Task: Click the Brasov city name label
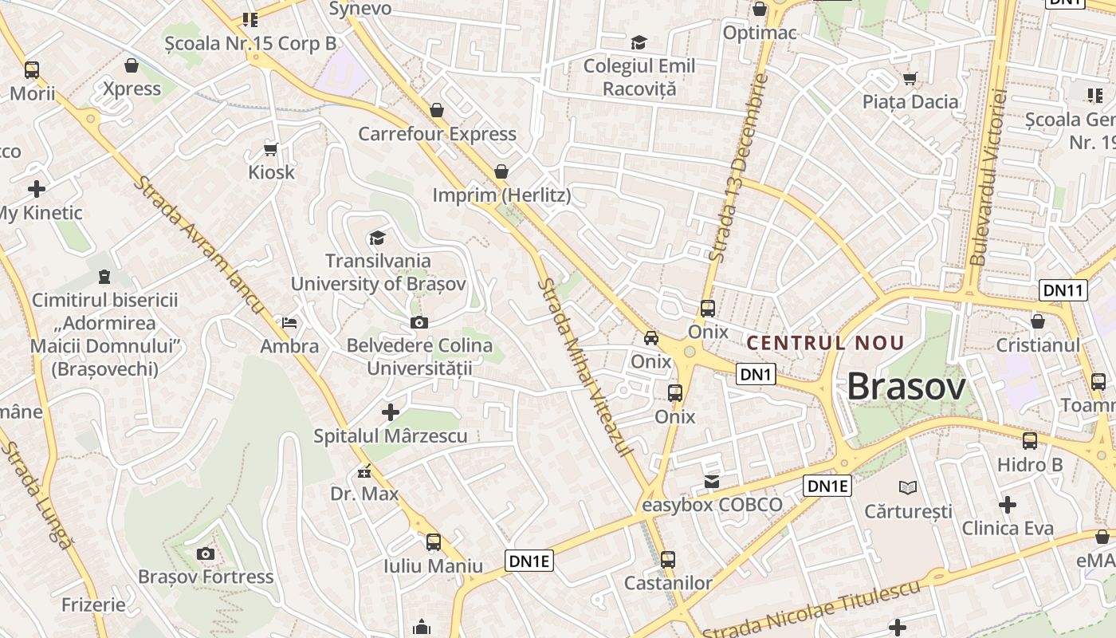(906, 388)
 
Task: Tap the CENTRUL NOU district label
(825, 344)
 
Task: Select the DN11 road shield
(1063, 290)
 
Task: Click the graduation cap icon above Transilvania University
(377, 238)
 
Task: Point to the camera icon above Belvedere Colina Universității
(418, 322)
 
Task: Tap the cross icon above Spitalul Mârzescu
(391, 412)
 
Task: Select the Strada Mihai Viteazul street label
(586, 368)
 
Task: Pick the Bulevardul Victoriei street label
(989, 177)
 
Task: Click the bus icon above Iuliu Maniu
(434, 542)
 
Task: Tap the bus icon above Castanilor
(668, 560)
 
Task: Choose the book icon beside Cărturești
(907, 486)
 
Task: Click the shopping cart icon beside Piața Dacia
(910, 78)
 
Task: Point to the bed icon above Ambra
(289, 323)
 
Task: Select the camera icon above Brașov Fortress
(206, 553)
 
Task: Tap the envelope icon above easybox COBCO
(711, 481)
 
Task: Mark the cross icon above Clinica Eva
(1008, 504)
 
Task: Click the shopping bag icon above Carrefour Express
(437, 109)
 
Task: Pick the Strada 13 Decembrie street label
(738, 168)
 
